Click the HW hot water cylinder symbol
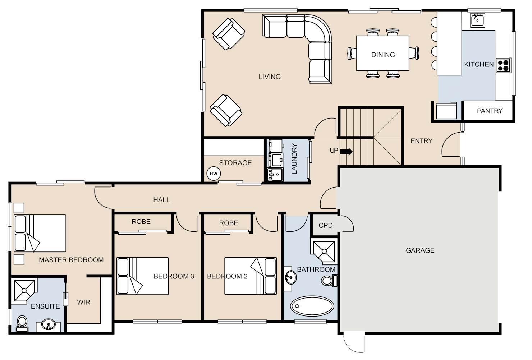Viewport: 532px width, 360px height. coord(214,174)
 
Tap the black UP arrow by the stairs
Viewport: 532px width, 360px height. coord(346,151)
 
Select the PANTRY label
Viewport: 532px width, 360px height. coord(490,111)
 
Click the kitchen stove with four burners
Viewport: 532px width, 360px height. coord(503,65)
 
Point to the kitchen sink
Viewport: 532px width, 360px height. coord(477,20)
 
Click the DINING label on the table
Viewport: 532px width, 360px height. coord(383,55)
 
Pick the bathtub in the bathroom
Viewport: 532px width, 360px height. coord(312,306)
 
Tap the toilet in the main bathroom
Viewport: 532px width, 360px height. coord(329,281)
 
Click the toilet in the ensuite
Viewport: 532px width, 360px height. coord(22,323)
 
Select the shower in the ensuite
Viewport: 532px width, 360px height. coord(24,291)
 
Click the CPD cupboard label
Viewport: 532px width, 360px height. coord(326,225)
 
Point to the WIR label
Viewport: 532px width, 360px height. coord(84,302)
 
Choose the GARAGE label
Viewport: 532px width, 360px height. coord(420,250)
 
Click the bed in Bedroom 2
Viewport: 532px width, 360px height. coord(251,276)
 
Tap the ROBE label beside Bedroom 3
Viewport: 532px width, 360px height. coord(141,222)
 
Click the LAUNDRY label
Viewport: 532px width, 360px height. coord(294,158)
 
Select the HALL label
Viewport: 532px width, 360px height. coord(161,200)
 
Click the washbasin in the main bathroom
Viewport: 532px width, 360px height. coord(290,277)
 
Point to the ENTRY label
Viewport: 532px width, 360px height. coord(421,141)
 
